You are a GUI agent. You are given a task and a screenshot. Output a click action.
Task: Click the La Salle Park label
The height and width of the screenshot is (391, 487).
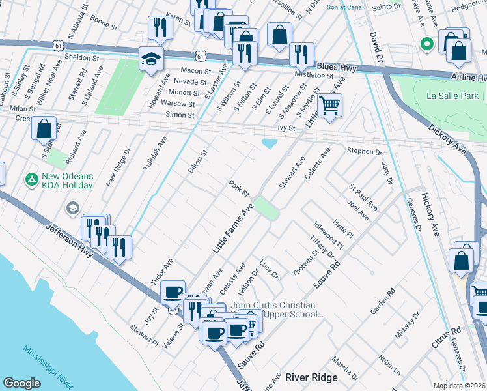pyautogui.click(x=452, y=96)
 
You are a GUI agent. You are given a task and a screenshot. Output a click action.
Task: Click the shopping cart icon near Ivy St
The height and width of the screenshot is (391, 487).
pyautogui.click(x=330, y=104)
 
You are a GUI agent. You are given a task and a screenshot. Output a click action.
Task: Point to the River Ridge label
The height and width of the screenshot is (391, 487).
pyautogui.click(x=311, y=377)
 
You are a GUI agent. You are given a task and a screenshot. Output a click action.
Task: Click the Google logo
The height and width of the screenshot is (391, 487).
pyautogui.click(x=21, y=383)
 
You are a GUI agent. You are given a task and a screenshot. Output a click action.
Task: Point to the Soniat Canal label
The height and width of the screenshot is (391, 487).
pyautogui.click(x=350, y=7)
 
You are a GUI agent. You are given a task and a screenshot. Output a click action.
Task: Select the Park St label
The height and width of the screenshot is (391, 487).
pyautogui.click(x=239, y=190)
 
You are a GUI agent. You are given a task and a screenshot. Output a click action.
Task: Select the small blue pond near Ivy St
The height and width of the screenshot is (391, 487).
pyautogui.click(x=268, y=143)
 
